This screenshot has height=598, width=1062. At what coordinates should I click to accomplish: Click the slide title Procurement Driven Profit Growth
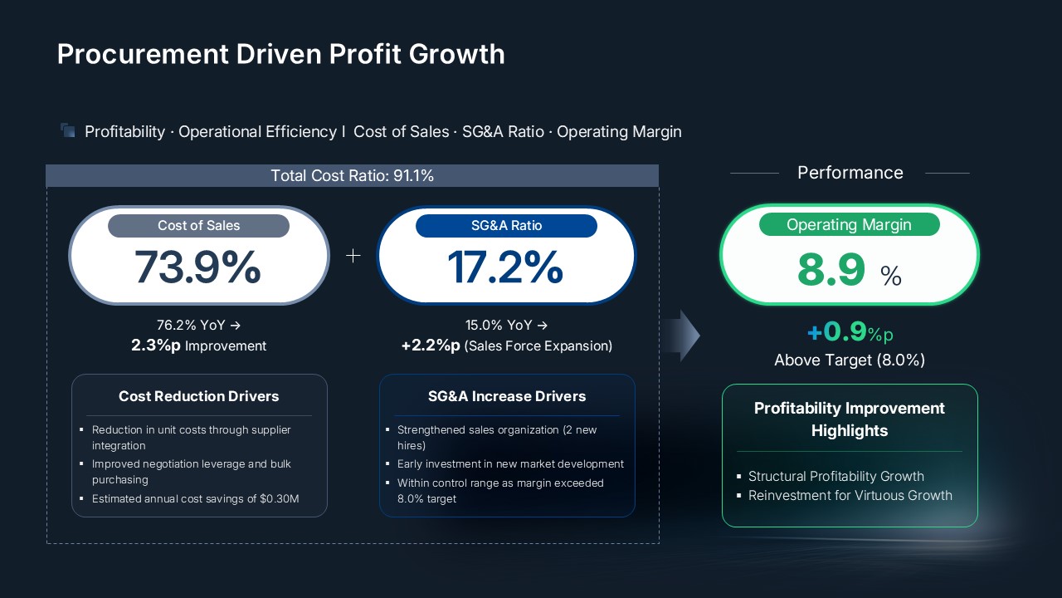point(280,54)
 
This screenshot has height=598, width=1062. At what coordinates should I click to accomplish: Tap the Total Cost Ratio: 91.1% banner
point(352,175)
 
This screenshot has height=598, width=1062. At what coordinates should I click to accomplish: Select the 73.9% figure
point(197,267)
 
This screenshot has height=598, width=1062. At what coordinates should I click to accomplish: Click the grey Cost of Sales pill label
point(198,226)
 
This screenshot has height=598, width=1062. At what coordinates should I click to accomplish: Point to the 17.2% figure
point(504,267)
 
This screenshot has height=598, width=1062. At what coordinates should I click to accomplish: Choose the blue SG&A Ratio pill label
point(506,226)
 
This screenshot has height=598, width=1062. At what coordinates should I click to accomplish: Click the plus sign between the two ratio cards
point(353,256)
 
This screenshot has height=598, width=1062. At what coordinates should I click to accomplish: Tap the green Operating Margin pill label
point(849,224)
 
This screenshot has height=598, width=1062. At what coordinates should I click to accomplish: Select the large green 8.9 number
point(831,271)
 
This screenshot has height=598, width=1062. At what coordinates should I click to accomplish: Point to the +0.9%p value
point(850,332)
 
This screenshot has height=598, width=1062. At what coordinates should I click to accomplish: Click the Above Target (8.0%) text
point(850,360)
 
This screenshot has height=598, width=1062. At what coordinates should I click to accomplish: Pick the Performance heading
point(850,173)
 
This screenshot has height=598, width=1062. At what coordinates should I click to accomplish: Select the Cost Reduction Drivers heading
point(199,396)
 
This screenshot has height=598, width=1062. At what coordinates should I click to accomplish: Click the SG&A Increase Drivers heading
point(507,396)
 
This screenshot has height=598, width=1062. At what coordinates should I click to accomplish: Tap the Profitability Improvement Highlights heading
point(850,419)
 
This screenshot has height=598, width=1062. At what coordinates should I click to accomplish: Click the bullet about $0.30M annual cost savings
point(195,499)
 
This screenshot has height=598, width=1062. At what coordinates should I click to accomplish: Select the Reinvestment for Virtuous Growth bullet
point(850,496)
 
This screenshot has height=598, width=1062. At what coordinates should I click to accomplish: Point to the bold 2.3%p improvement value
point(156,346)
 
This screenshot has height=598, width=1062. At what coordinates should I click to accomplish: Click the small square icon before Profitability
point(68,130)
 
